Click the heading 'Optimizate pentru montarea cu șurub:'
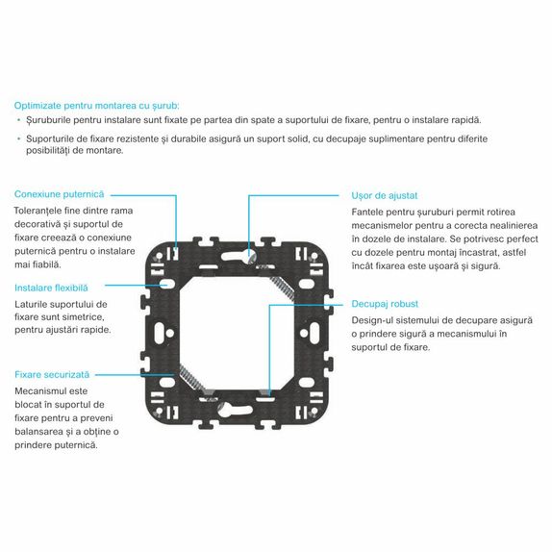(97, 106)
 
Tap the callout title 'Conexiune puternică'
(60, 194)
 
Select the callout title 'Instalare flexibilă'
(51, 288)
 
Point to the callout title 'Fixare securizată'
(52, 375)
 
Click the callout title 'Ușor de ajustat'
(385, 196)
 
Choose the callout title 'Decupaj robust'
(385, 304)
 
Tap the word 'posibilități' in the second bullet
(47, 151)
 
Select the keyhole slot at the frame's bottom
(235, 411)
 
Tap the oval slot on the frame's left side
(159, 333)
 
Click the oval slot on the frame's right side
(314, 333)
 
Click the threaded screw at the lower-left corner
(192, 378)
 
